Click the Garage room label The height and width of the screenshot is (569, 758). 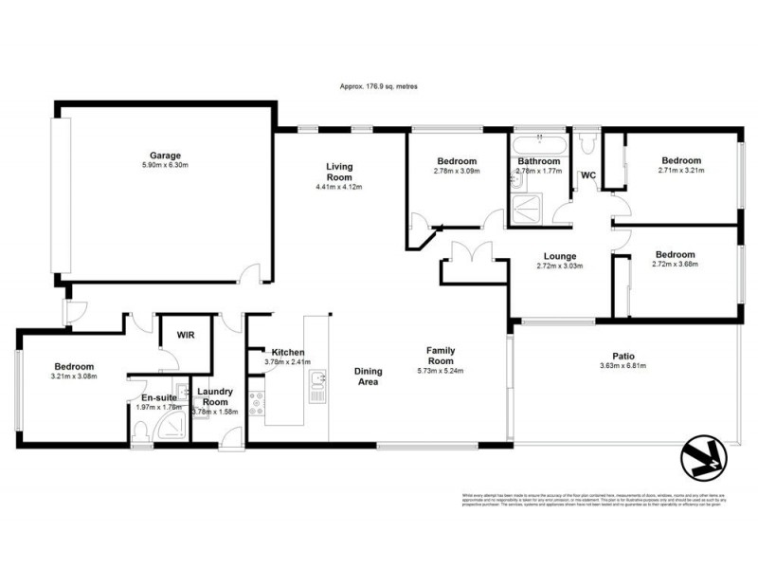[164, 156]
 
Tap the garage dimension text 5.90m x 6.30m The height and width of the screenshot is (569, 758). [164, 166]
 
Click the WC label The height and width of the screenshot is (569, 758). [587, 175]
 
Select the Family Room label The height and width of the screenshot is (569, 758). [441, 356]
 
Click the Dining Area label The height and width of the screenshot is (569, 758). [367, 376]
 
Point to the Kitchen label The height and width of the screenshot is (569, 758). [286, 351]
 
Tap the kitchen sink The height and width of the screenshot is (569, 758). [316, 381]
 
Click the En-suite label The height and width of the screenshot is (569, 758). [155, 398]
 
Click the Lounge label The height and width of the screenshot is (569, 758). [560, 255]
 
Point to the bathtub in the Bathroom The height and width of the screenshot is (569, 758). [539, 145]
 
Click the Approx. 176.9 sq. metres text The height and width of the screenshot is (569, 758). [378, 86]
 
